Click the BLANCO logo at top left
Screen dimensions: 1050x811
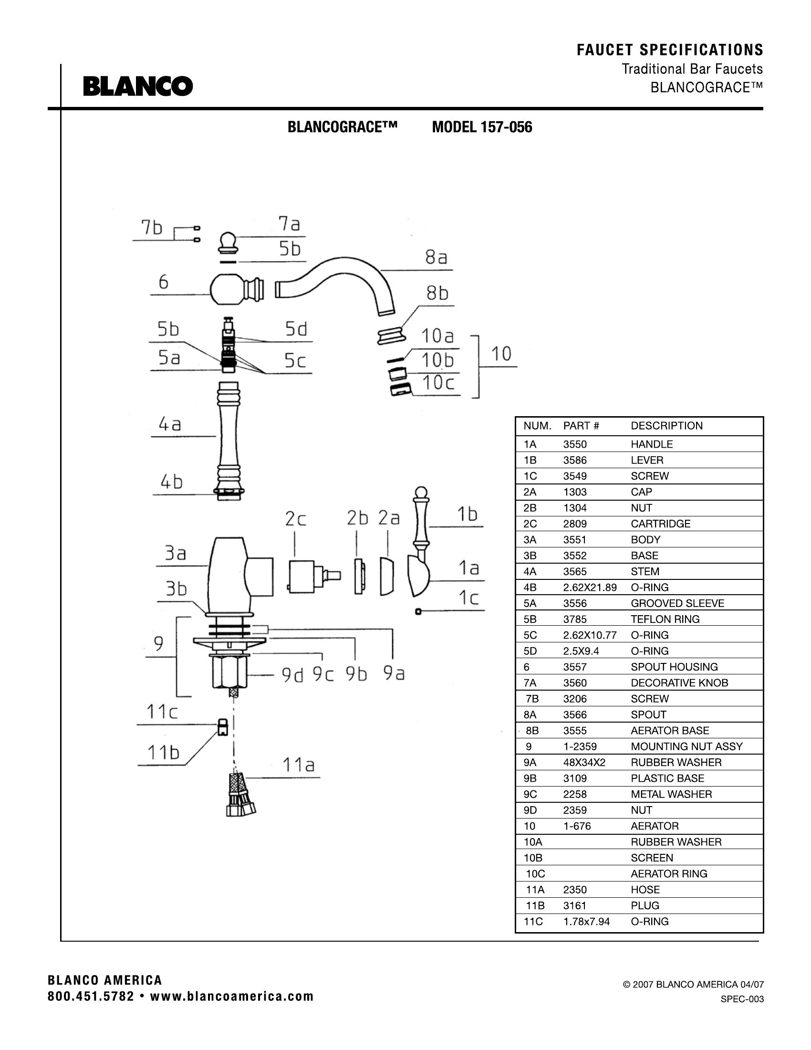pyautogui.click(x=138, y=86)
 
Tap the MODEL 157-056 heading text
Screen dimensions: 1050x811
pyautogui.click(x=482, y=127)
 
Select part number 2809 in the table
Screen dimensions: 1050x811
pyautogui.click(x=575, y=524)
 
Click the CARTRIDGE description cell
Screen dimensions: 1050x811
pyautogui.click(x=660, y=524)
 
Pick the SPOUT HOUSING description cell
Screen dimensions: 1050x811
pyautogui.click(x=674, y=667)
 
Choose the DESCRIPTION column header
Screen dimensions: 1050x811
pyautogui.click(x=666, y=425)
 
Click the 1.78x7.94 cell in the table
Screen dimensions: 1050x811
pyautogui.click(x=586, y=921)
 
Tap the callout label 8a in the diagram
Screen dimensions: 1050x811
pyautogui.click(x=436, y=258)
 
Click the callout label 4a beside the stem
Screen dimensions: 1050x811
pyautogui.click(x=170, y=424)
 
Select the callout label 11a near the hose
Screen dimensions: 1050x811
pyautogui.click(x=298, y=765)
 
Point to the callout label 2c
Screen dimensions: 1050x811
pyautogui.click(x=295, y=519)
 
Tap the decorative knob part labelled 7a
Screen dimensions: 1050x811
pyautogui.click(x=228, y=242)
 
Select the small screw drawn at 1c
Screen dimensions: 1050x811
pyautogui.click(x=418, y=611)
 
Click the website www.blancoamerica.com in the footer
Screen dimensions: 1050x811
pyautogui.click(x=231, y=996)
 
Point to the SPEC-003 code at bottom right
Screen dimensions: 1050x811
pyautogui.click(x=742, y=999)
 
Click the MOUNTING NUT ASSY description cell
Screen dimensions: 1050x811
pyautogui.click(x=686, y=746)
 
